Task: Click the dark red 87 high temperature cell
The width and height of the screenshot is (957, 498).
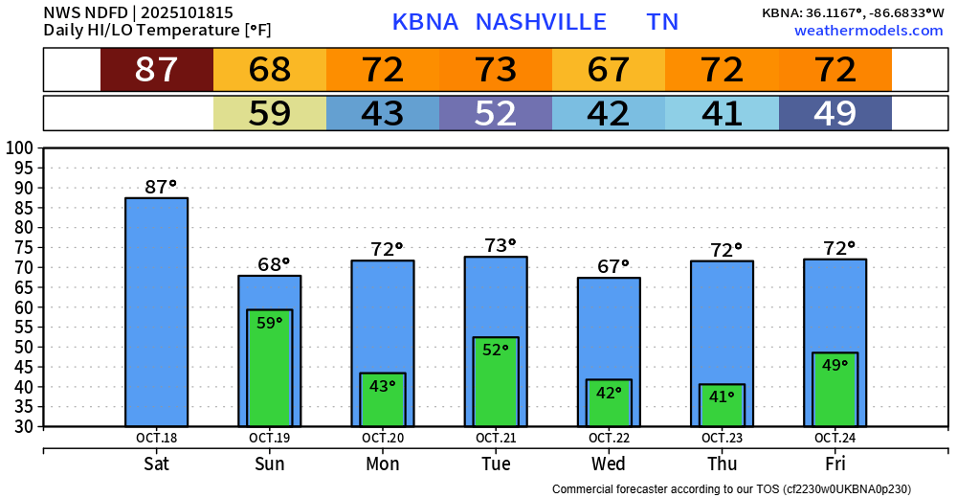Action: [x=156, y=70]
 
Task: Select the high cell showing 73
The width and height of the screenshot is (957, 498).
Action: [x=495, y=70]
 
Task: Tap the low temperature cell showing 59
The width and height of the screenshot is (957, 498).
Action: [x=269, y=113]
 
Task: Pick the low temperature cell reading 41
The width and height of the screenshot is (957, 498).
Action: [x=722, y=113]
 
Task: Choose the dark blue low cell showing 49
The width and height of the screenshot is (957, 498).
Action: [x=835, y=113]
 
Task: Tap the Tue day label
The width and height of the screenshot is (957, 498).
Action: [x=495, y=464]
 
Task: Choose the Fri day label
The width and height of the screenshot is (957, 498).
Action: [x=835, y=464]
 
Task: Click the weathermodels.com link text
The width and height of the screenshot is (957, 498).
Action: [x=868, y=31]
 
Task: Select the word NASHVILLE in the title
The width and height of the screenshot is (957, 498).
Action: [x=541, y=22]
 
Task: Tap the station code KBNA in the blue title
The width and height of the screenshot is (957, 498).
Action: [x=424, y=22]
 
